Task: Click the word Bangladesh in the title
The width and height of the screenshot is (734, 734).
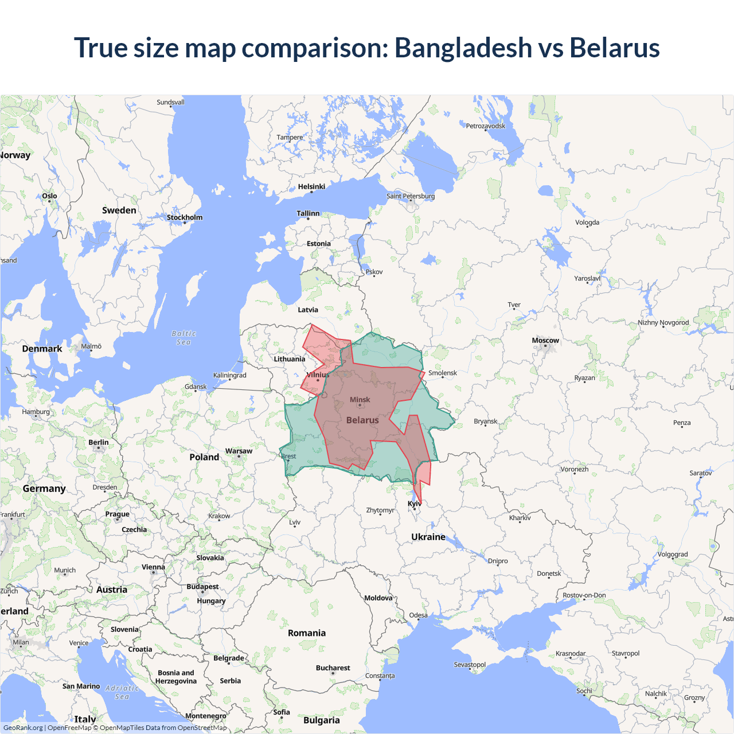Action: (x=463, y=48)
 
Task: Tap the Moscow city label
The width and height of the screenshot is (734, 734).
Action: (x=545, y=340)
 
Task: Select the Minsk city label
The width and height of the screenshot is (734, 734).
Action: (x=360, y=400)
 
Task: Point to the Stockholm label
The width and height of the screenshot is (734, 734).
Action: (x=185, y=217)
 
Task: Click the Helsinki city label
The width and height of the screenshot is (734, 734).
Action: (x=311, y=186)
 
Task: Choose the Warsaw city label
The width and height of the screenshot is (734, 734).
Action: (x=239, y=451)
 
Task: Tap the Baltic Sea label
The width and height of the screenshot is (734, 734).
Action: (x=183, y=338)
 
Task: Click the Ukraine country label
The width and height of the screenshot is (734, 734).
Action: (x=428, y=537)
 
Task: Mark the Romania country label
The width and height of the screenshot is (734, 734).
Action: (x=306, y=633)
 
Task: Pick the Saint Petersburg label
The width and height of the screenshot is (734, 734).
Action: (x=411, y=196)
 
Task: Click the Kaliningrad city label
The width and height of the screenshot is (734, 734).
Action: (x=229, y=375)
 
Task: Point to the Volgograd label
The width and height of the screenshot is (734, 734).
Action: (x=672, y=555)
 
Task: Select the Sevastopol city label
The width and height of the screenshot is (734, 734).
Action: (x=470, y=665)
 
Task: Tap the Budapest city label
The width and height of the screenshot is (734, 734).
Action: (x=202, y=587)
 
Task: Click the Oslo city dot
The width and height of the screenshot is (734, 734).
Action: (x=50, y=201)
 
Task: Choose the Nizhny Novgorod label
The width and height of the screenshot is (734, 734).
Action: (x=663, y=322)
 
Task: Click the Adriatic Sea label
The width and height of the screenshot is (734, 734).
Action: (x=122, y=692)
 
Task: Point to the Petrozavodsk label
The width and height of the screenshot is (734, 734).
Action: (x=485, y=126)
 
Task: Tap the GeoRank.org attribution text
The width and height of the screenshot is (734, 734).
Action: (x=23, y=728)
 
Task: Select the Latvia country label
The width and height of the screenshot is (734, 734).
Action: (x=307, y=310)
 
